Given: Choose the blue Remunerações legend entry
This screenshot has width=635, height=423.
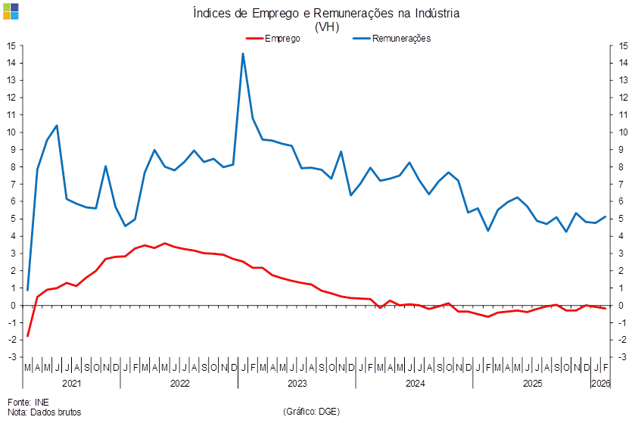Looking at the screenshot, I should coord(391,39).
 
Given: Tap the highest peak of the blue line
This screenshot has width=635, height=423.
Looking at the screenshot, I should coord(242,54).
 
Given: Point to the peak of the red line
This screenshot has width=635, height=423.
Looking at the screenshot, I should coord(164,244).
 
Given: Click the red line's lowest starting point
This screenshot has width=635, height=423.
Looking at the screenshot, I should coord(27,336).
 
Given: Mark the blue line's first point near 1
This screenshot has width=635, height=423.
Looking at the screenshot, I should coord(27,290).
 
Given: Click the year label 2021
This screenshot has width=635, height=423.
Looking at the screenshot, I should coord(72,384).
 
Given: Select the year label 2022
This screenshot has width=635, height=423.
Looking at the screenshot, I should coord(179,384).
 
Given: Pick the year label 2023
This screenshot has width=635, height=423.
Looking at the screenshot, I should coord(297,384).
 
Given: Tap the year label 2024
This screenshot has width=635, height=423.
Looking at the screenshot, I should coord(415,384).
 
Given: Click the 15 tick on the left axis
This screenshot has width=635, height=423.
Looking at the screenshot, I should coord(11,45).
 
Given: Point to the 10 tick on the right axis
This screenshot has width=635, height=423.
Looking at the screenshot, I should coord(623,132).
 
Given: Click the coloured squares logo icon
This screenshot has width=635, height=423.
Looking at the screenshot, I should coord(11,11).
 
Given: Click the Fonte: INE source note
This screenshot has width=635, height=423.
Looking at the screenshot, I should coord(23,402).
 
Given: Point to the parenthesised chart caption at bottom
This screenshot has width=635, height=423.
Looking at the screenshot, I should coord(311,412).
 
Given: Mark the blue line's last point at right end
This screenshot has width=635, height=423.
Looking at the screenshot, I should coord(605,217).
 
